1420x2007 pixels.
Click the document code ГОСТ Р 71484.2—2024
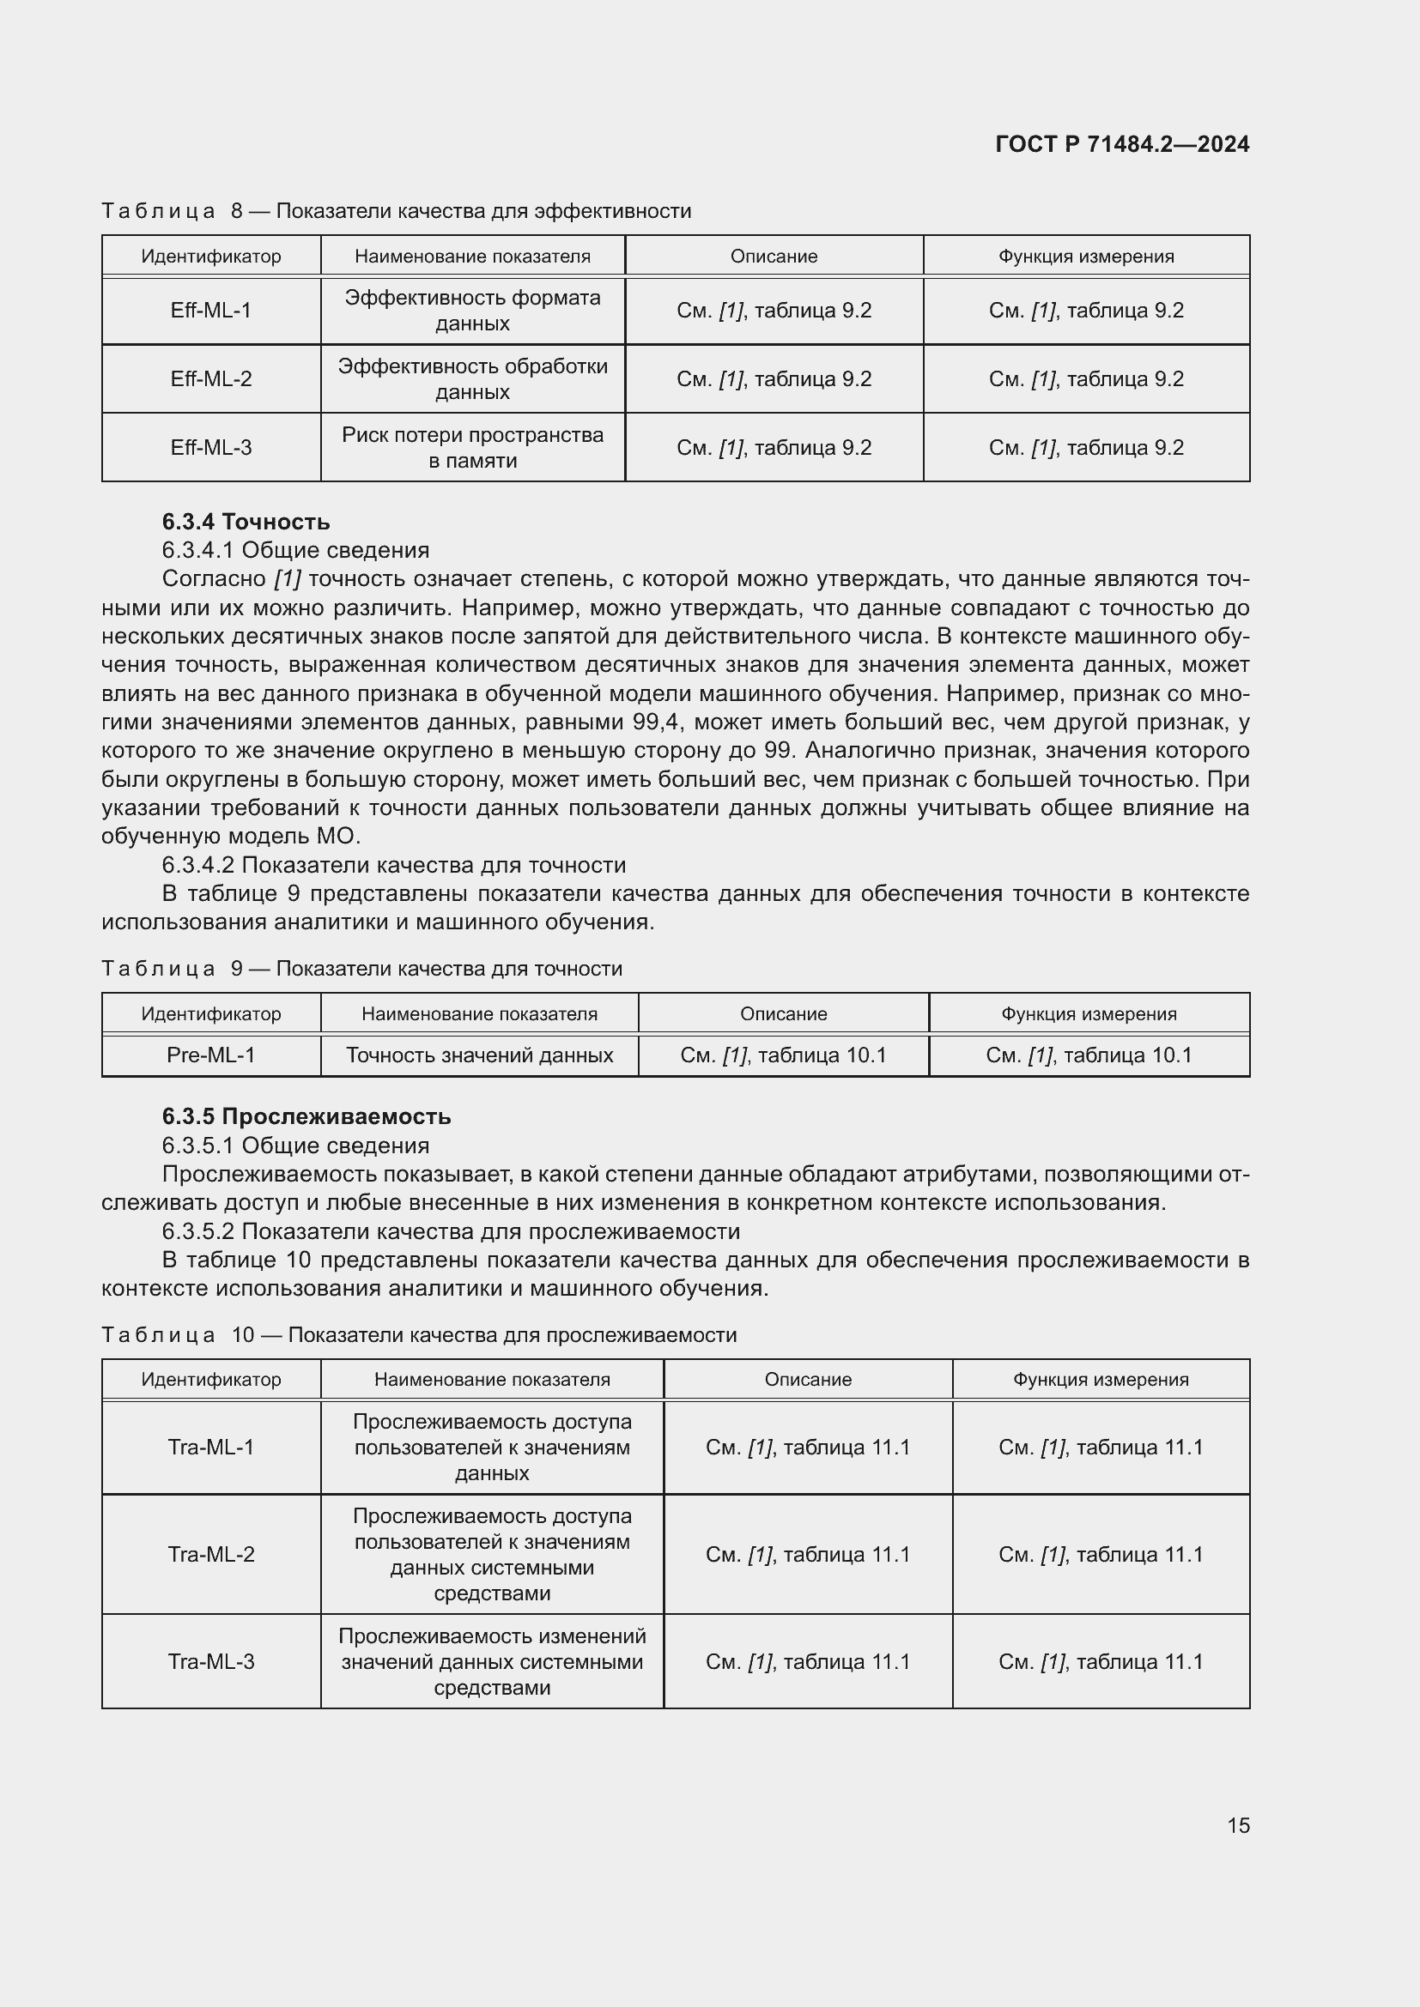[1122, 144]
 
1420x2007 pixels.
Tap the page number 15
[1238, 1825]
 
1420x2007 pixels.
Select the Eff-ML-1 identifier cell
[210, 311]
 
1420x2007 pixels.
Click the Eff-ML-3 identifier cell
[210, 448]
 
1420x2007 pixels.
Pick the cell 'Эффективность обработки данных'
[472, 378]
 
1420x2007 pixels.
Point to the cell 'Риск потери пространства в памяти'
[472, 448]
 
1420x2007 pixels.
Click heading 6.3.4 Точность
[246, 522]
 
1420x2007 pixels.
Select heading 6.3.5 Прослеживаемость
[306, 1116]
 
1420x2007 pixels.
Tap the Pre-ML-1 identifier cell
[210, 1055]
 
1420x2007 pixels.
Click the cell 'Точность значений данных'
[479, 1055]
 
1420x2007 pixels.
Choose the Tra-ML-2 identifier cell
[210, 1554]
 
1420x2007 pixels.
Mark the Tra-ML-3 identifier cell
[210, 1662]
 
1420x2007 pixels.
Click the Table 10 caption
[419, 1335]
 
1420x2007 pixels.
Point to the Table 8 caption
[396, 211]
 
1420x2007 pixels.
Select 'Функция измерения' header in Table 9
[1089, 1014]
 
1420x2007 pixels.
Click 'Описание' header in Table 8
[774, 256]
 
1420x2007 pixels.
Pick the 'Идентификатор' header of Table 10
[210, 1380]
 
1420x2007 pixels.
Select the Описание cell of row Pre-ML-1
[783, 1055]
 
